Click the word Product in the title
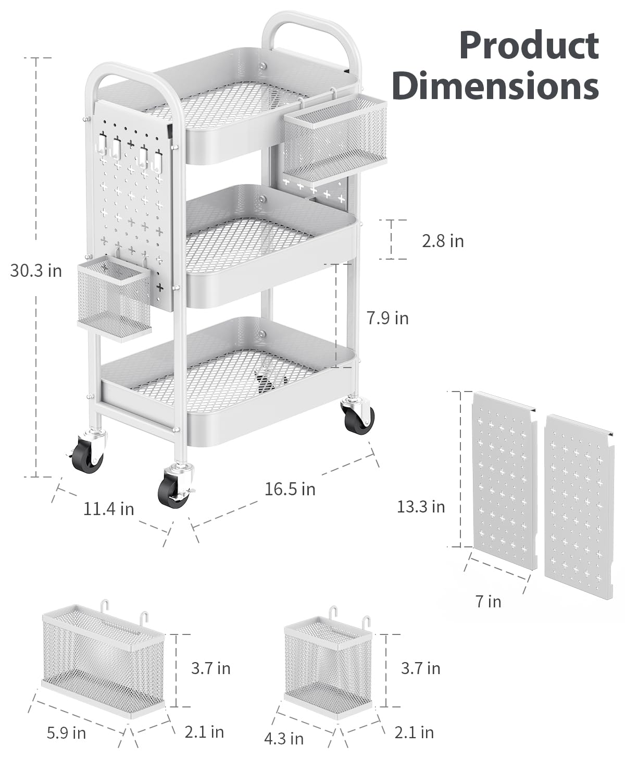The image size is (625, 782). point(529,46)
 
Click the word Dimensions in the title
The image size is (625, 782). point(495,85)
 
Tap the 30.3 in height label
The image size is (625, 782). point(36,271)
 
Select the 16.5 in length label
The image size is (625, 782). point(290,489)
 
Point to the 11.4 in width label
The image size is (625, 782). point(108,509)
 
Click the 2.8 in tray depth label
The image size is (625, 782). point(443,241)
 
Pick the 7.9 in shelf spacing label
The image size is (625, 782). point(387,319)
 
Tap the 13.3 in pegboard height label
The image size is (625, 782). point(420,507)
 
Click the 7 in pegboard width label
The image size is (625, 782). point(489,602)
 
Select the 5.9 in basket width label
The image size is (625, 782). point(67,733)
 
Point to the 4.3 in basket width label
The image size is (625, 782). point(284,739)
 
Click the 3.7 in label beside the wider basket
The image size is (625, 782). point(210,668)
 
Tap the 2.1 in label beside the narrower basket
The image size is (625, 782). point(414,732)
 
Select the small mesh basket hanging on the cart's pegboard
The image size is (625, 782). point(114,299)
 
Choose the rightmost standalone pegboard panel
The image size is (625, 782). point(579,506)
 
